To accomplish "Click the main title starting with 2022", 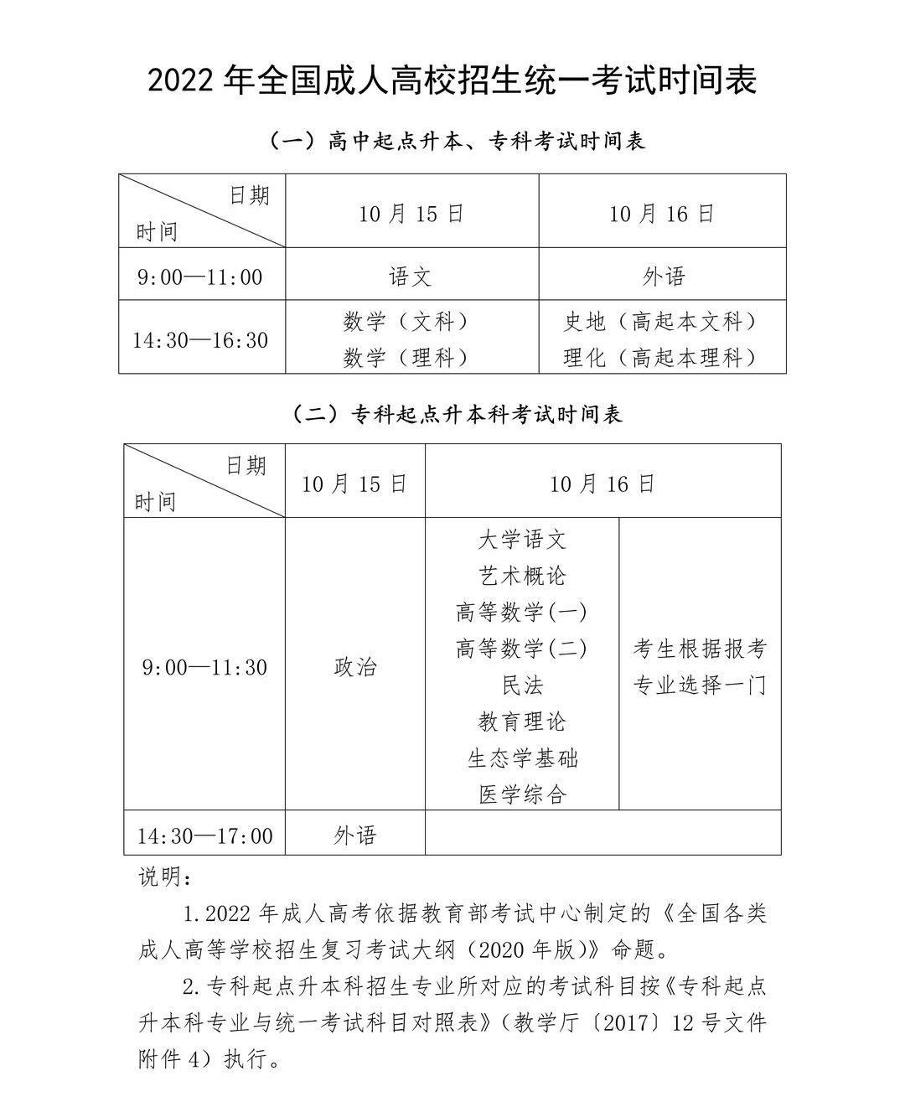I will coord(452,81).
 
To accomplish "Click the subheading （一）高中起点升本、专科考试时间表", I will coord(457,142).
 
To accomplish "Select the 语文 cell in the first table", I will coord(411,276).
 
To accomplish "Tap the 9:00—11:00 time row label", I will coord(200,277).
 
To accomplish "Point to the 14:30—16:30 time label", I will coord(200,340).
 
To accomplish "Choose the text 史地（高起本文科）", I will coord(661,321).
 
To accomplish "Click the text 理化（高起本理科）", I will coord(661,358).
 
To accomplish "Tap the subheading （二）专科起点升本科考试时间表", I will coord(457,414).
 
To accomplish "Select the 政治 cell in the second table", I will coord(355,667).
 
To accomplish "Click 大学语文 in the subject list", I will coord(522,540).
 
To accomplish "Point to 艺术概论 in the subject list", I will coord(522,576).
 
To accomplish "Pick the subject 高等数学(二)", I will coord(522,649).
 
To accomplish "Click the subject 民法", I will coord(522,685).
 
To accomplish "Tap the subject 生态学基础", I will coord(522,758).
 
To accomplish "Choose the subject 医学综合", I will coord(522,794).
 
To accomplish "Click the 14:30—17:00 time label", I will coord(205,835).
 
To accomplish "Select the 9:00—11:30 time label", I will coord(205,667).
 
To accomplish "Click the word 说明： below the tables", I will coord(166,877).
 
